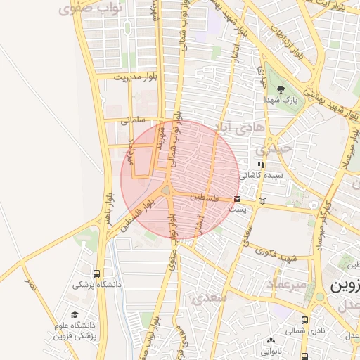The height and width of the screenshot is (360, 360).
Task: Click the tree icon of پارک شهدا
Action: (x=281, y=89)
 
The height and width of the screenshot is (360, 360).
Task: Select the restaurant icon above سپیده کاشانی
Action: (x=262, y=164)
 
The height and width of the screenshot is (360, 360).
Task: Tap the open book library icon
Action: (x=263, y=201)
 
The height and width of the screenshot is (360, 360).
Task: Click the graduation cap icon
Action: (x=75, y=314)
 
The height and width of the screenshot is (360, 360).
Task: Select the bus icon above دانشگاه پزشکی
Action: (x=96, y=274)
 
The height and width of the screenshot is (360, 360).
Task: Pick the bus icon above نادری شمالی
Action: (x=304, y=319)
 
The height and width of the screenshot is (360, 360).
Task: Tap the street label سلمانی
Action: (x=132, y=120)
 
